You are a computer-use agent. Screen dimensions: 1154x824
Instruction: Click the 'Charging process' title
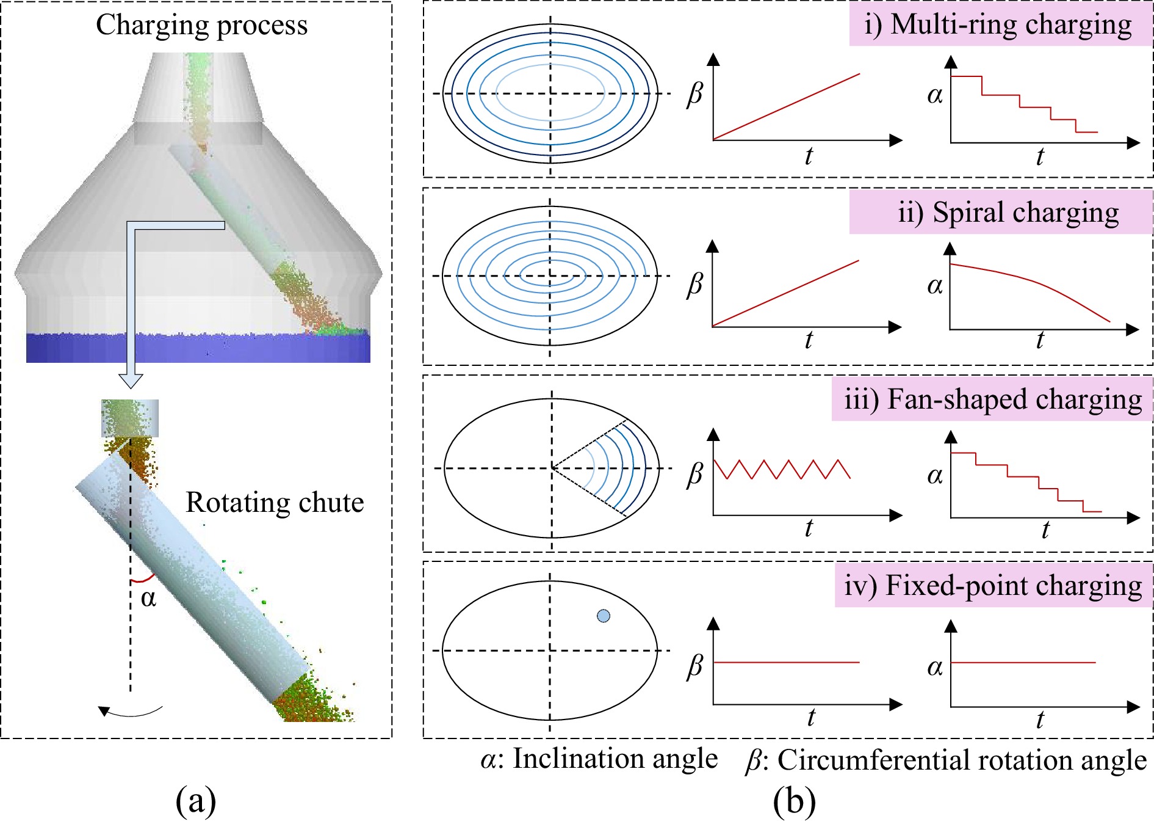click(201, 26)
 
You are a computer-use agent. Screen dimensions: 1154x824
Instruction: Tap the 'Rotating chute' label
click(275, 503)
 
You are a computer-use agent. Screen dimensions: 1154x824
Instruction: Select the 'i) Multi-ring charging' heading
click(998, 26)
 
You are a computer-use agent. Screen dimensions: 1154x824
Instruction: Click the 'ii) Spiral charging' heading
click(1009, 213)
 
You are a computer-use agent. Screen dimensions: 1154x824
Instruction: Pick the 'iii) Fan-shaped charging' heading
click(993, 400)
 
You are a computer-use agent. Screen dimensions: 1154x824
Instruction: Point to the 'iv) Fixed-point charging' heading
click(993, 586)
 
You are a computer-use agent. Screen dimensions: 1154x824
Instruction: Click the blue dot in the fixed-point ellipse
click(604, 616)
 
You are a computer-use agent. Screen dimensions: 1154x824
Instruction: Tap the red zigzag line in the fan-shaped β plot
click(782, 469)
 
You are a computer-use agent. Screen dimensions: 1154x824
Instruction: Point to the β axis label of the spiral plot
click(695, 285)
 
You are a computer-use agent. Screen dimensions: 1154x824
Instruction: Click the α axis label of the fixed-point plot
click(935, 668)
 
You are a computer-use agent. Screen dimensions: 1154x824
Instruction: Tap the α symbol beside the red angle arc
click(148, 598)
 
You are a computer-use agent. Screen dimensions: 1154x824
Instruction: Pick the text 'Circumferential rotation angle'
click(962, 760)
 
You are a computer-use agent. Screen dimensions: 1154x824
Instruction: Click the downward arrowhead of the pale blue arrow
click(131, 381)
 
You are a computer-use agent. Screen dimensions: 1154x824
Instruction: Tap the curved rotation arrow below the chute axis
click(131, 711)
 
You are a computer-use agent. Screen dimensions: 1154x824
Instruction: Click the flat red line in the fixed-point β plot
click(787, 662)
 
